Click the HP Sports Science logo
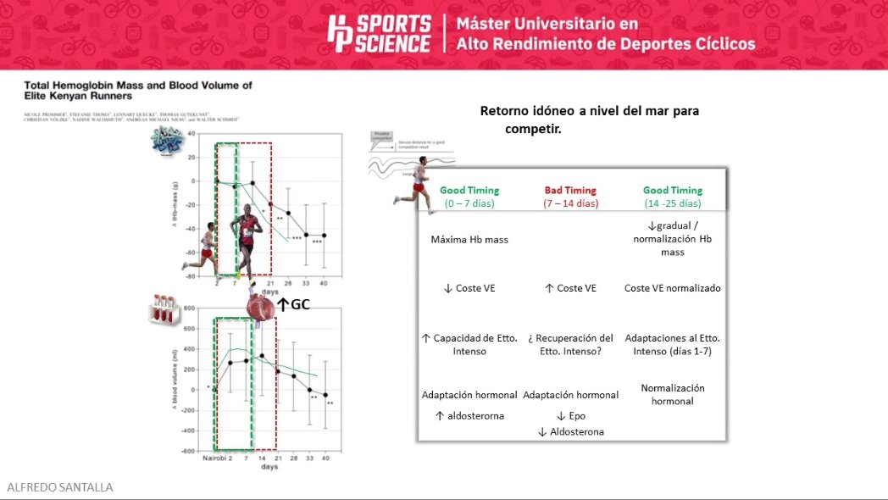[x=379, y=34]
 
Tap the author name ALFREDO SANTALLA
[x=59, y=487]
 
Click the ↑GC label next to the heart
[x=294, y=303]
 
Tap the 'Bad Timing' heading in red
[x=570, y=191]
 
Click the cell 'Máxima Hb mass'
[x=469, y=240]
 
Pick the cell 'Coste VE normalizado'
[x=673, y=288]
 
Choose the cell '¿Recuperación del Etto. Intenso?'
[x=570, y=344]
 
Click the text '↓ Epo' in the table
[x=571, y=416]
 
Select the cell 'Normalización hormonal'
[x=673, y=394]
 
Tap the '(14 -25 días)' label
[x=673, y=203]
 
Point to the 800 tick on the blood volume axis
[x=189, y=308]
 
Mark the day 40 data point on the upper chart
[x=324, y=236]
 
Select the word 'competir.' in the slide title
[x=536, y=130]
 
